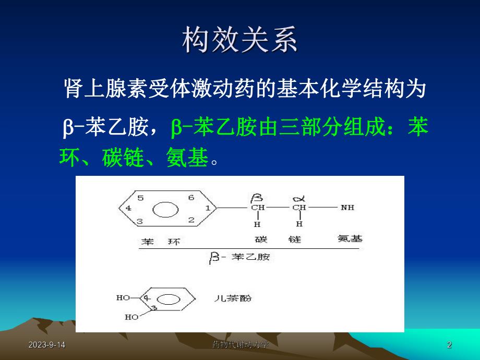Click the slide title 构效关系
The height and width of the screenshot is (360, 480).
click(239, 40)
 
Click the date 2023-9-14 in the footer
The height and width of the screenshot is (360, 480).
click(43, 345)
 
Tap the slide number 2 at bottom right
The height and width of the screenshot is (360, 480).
click(449, 345)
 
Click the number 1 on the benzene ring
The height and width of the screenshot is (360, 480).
click(207, 208)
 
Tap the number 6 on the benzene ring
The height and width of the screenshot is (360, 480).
click(191, 198)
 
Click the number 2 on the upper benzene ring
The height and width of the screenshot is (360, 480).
click(191, 220)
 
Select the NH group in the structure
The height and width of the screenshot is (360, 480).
click(347, 208)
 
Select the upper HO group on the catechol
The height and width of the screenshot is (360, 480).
click(123, 298)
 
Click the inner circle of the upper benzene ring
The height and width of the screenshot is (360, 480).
click(164, 209)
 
